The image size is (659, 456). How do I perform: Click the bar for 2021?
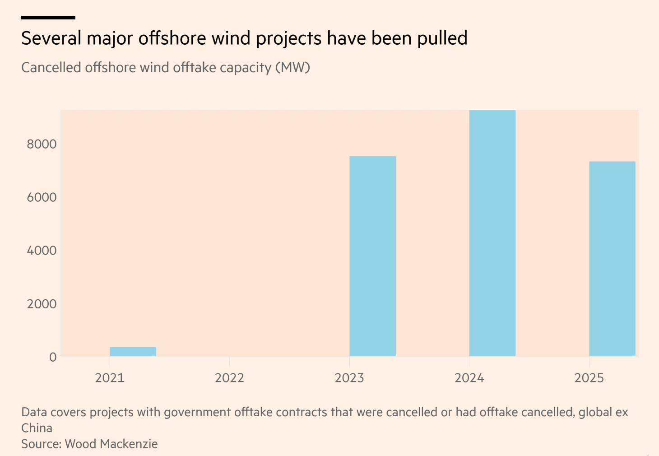[x=133, y=351]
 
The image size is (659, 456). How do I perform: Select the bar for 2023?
[x=372, y=256]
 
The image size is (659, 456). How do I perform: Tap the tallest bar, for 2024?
[x=492, y=233]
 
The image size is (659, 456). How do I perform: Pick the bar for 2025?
[x=612, y=259]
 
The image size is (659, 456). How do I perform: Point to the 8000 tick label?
[x=42, y=144]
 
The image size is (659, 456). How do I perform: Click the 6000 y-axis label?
[x=42, y=197]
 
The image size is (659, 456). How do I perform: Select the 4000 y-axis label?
[x=42, y=251]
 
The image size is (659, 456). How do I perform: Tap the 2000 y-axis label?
[x=42, y=304]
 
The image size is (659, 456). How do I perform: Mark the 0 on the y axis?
[x=53, y=357]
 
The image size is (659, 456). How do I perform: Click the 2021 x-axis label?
[x=110, y=378]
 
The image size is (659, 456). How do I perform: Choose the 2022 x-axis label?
[x=229, y=378]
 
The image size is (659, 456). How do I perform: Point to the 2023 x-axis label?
[x=349, y=378]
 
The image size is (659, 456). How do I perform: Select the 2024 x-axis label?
[x=469, y=378]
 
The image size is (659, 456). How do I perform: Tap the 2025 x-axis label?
[x=589, y=378]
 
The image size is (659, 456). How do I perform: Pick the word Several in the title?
[x=51, y=39]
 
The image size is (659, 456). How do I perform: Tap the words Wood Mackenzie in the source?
[x=111, y=444]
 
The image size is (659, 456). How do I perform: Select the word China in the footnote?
[x=37, y=428]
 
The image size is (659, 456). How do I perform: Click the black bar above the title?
[x=48, y=18]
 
